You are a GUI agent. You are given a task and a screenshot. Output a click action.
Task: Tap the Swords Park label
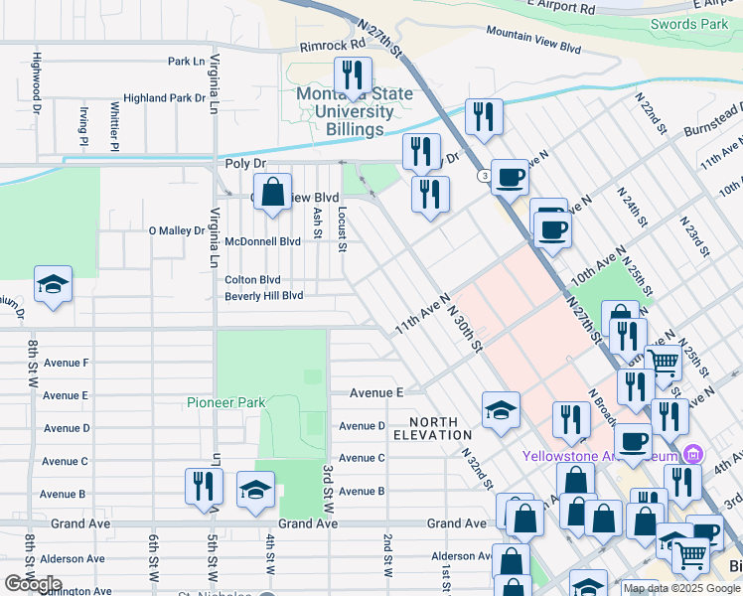point(689,24)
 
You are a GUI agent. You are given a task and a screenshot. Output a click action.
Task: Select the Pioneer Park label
point(224,402)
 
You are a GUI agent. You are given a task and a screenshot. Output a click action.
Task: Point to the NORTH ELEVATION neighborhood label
point(432,427)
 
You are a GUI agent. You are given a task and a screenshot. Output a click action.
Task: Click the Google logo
point(33,584)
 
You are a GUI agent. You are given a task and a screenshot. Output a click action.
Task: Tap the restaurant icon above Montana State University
point(352,74)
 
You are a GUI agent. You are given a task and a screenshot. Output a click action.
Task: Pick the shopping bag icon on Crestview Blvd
point(272,191)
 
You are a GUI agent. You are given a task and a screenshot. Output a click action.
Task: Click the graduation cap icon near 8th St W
point(53,285)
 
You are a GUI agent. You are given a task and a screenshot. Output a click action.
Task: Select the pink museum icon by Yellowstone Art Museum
point(693,455)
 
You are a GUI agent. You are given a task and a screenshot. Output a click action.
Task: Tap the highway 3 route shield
point(483,176)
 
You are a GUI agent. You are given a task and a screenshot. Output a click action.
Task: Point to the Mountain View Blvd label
point(532,39)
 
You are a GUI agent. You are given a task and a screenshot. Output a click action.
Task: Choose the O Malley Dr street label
point(176,230)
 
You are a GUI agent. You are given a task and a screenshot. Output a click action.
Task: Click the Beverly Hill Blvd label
point(263,296)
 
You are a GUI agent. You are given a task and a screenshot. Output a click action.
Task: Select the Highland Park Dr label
point(164,98)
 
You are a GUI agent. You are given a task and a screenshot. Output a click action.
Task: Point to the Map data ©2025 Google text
point(682,588)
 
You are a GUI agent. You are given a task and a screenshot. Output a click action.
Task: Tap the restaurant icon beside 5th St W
point(203,488)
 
